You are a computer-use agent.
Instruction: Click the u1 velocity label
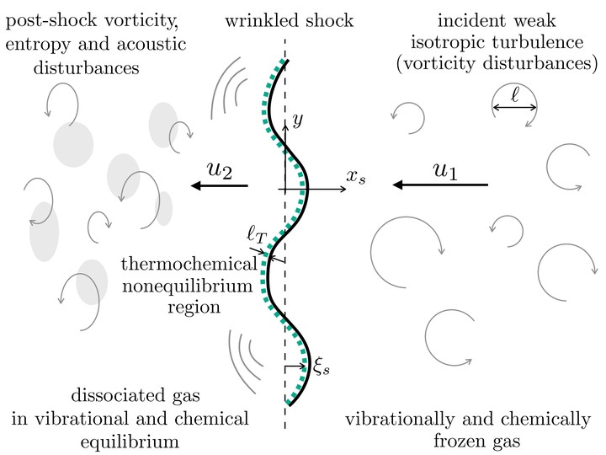(x=445, y=170)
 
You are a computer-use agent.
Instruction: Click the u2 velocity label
(x=220, y=169)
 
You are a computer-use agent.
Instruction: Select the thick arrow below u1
(x=440, y=185)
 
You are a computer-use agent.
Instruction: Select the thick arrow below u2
(x=220, y=185)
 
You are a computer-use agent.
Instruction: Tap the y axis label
(x=298, y=120)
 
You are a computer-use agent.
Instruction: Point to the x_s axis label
(x=355, y=177)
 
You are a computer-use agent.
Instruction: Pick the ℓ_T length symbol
(x=257, y=234)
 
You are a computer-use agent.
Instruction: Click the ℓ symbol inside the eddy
(x=515, y=94)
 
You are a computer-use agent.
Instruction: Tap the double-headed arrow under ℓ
(x=515, y=108)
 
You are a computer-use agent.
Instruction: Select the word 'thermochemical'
(x=189, y=265)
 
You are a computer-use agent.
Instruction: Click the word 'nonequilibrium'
(x=188, y=286)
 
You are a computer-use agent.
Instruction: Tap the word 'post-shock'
(x=51, y=21)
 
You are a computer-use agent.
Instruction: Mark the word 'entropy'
(x=38, y=45)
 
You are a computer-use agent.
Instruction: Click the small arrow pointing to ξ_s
(x=295, y=366)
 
